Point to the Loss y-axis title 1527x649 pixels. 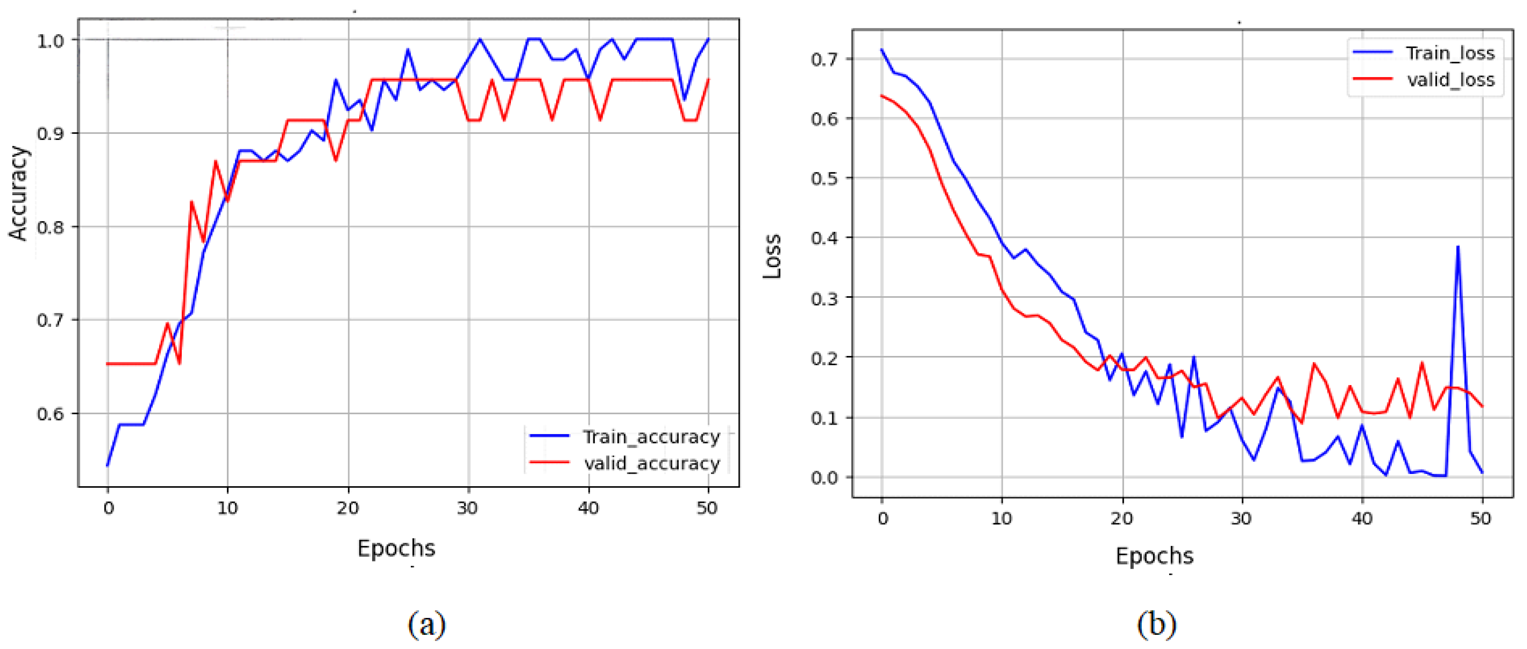(772, 256)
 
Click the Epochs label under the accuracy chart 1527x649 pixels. (396, 548)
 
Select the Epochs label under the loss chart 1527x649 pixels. (1154, 556)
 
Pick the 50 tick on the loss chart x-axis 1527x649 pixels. (1481, 519)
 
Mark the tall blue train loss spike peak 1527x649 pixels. (1458, 247)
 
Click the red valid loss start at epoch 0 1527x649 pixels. (882, 95)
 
